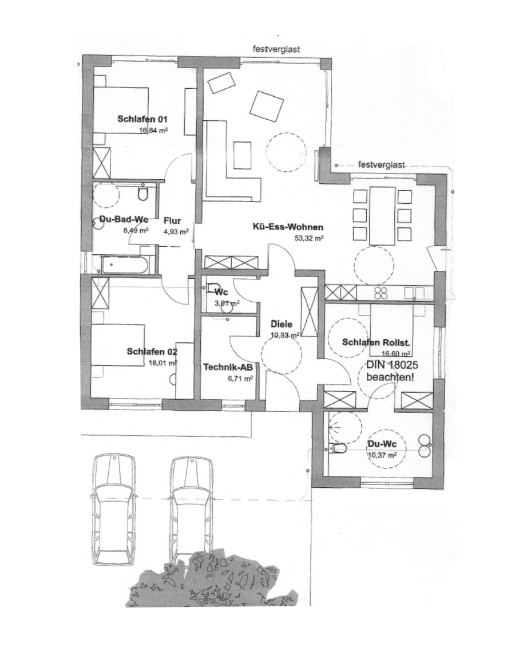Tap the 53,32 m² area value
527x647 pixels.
[309, 238]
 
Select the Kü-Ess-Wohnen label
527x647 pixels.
[288, 227]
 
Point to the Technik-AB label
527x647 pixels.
[228, 367]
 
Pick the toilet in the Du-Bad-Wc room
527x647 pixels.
[143, 194]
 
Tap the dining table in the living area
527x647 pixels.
[383, 215]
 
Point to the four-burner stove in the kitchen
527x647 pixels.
[382, 293]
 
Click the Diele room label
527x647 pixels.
[282, 324]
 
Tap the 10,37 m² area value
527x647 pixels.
[382, 455]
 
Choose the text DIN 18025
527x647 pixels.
[392, 365]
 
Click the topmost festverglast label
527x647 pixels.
[276, 49]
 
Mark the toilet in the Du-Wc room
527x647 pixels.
[338, 448]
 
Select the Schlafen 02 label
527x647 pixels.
[152, 352]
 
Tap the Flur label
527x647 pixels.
[172, 221]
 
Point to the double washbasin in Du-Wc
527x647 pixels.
[425, 446]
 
